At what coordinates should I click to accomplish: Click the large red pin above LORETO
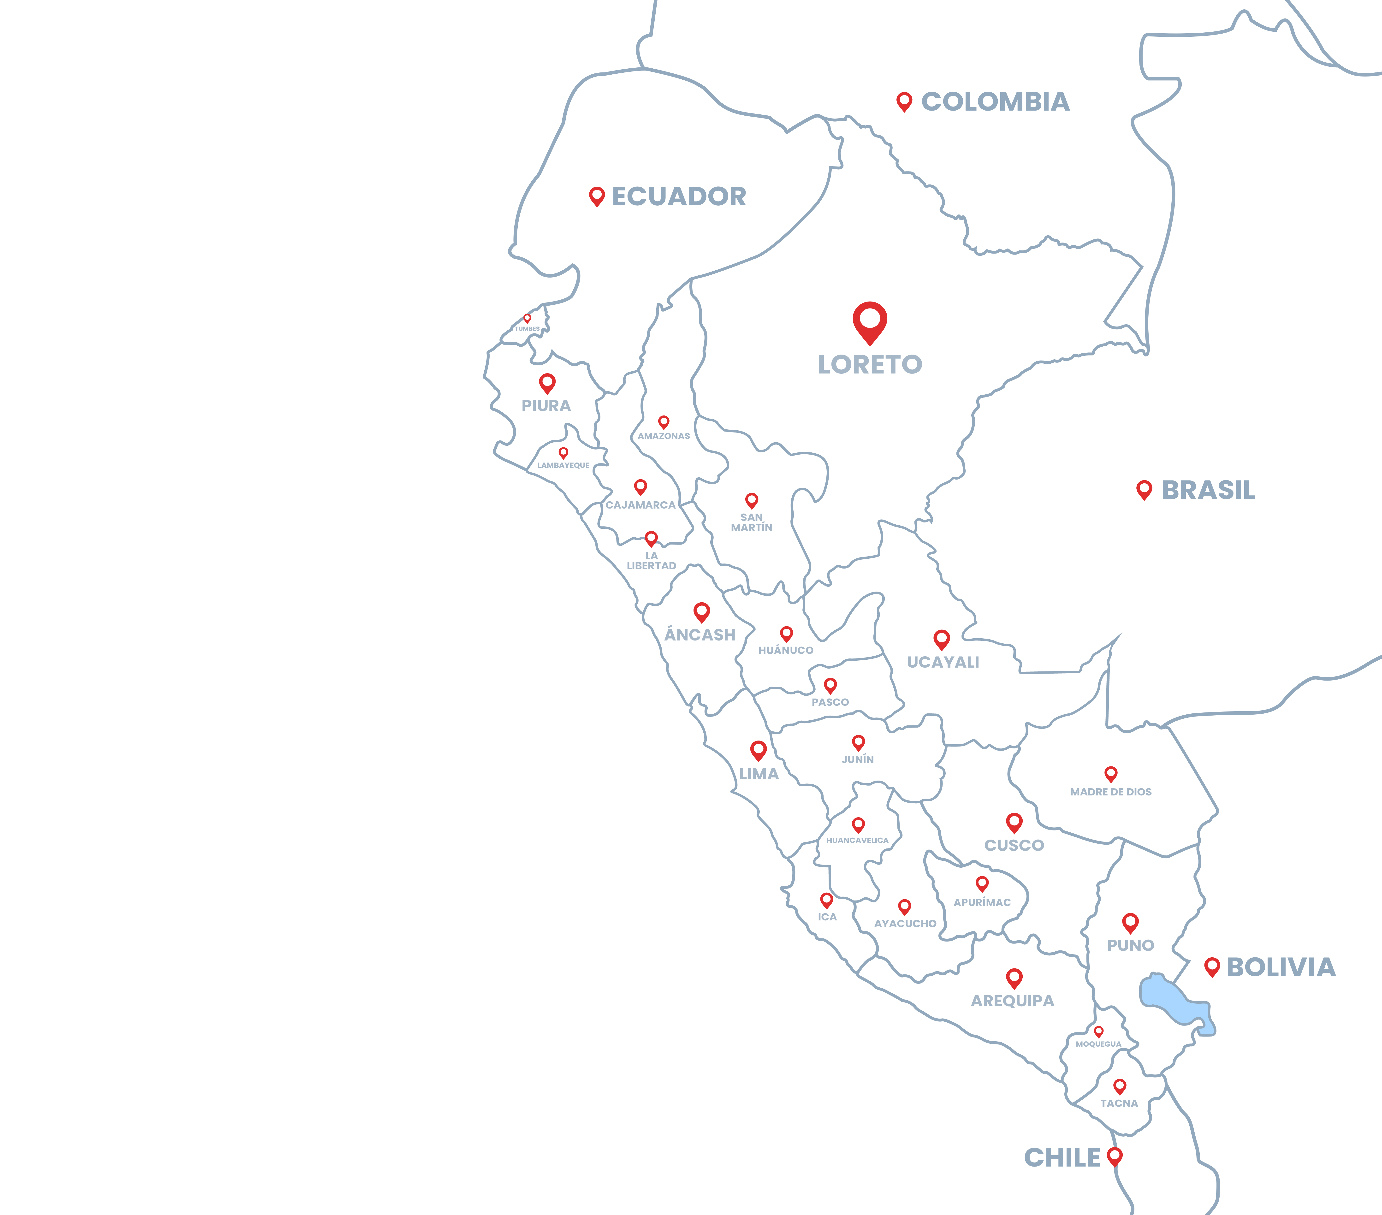tap(870, 321)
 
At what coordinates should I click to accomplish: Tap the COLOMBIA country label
tap(995, 102)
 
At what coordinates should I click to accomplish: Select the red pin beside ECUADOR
tap(596, 196)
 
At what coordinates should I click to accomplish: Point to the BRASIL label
tap(1208, 490)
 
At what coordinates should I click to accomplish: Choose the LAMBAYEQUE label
tap(563, 465)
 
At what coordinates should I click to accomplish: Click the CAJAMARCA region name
tap(640, 505)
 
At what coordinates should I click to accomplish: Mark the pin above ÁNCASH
tap(702, 612)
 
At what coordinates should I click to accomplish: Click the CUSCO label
tap(1014, 845)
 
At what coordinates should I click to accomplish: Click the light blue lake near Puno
tap(1166, 997)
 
